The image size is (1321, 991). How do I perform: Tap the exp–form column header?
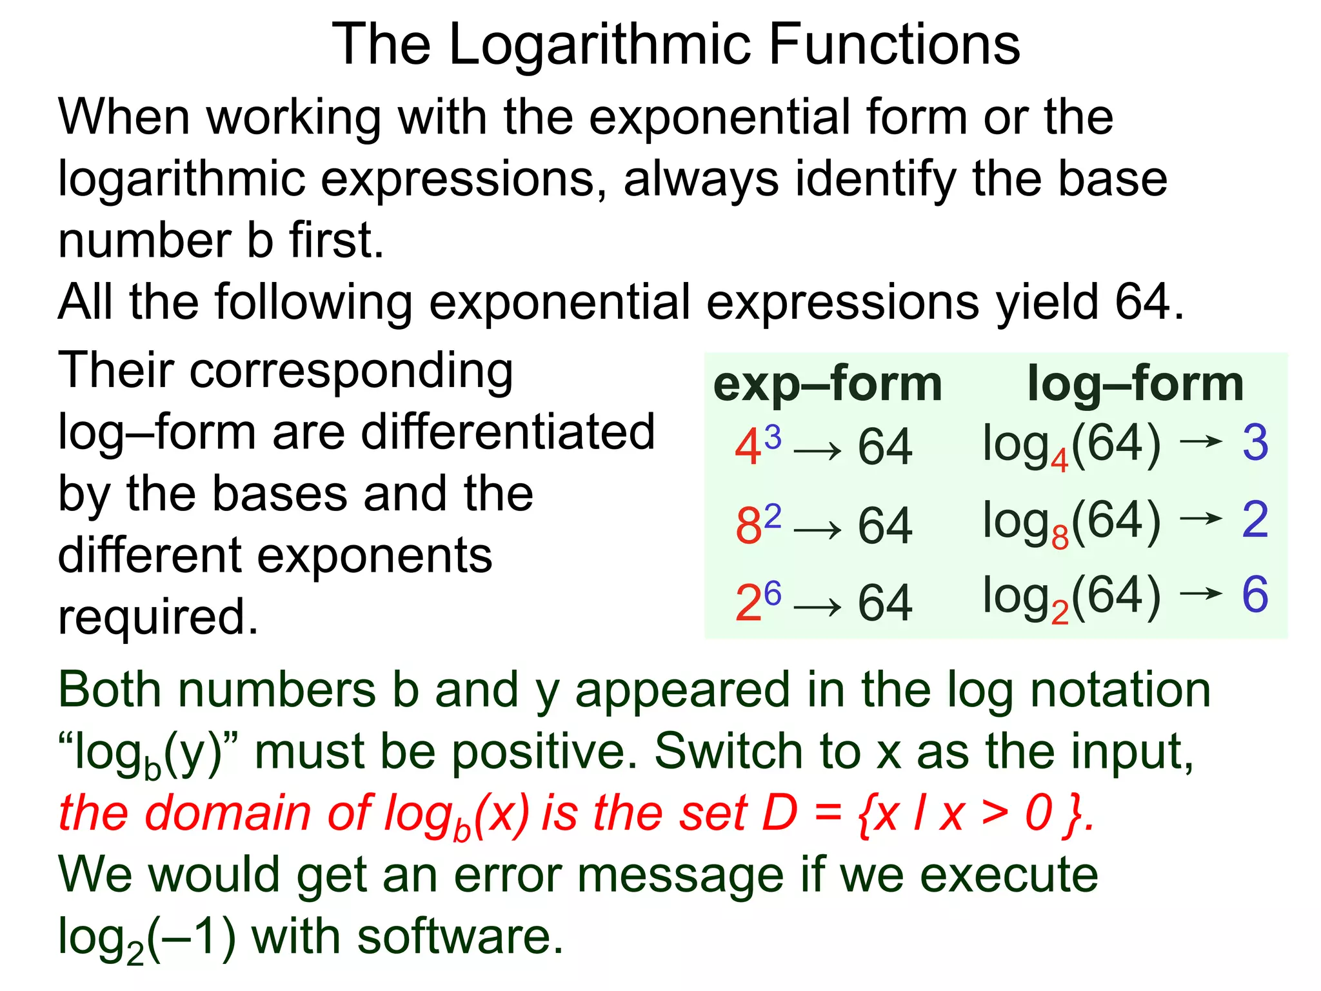point(828,384)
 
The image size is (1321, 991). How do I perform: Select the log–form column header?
point(1135,384)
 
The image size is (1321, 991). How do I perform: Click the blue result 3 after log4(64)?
point(1255,443)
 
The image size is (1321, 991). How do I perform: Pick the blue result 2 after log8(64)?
point(1255,519)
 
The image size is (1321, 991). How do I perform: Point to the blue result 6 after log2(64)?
point(1255,594)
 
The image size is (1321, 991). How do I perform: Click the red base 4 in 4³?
point(748,448)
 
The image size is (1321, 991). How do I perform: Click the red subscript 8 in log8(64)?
point(1060,537)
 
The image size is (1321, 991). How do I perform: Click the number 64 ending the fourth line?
point(1142,301)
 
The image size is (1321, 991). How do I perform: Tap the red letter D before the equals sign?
point(780,812)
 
